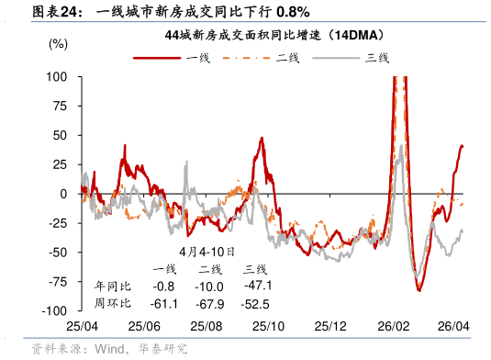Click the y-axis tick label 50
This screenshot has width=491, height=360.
click(60, 135)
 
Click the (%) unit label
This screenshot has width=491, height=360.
click(57, 43)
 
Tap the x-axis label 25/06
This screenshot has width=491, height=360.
click(144, 326)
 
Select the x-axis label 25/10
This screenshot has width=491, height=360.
click(269, 326)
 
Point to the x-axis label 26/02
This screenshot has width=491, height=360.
click(394, 326)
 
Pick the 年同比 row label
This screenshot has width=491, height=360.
click(114, 287)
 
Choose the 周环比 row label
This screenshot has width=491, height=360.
click(114, 304)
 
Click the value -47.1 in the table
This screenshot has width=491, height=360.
click(256, 287)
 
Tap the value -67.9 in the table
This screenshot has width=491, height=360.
click(211, 304)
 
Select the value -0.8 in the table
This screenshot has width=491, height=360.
click(165, 287)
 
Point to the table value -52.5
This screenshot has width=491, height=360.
click(256, 304)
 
